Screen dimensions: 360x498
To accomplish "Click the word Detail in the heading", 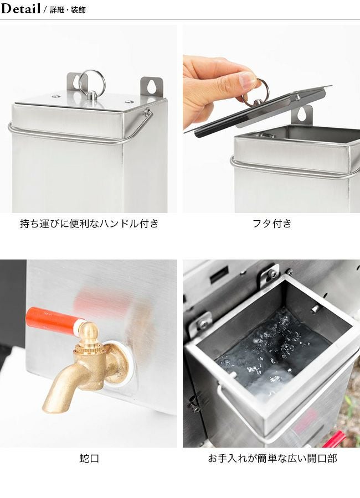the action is pyautogui.click(x=20, y=8).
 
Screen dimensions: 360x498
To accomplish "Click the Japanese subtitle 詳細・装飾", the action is pyautogui.click(x=68, y=10).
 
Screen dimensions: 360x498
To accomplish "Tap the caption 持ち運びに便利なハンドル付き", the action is pyautogui.click(x=89, y=224).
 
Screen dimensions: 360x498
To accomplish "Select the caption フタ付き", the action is pyautogui.click(x=272, y=224).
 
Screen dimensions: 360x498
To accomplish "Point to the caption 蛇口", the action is pyautogui.click(x=89, y=458).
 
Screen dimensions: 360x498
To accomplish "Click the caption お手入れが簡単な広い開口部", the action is pyautogui.click(x=272, y=458).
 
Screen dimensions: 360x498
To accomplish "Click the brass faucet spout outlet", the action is pyautogui.click(x=51, y=406).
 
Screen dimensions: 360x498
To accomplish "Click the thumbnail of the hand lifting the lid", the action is pyautogui.click(x=271, y=119).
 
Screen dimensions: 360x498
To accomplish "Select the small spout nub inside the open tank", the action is pyautogui.click(x=315, y=308).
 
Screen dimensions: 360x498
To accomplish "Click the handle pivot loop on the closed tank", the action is pyautogui.click(x=147, y=112).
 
